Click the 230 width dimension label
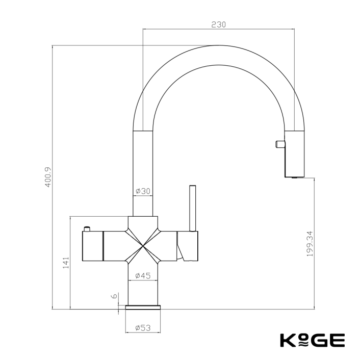[x=218, y=24]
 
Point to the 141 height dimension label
[x=65, y=263]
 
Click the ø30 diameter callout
[x=143, y=191]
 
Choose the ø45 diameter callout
[x=143, y=276]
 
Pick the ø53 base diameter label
[x=143, y=328]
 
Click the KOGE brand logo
[x=312, y=340]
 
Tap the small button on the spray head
[x=279, y=144]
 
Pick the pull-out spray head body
[x=294, y=153]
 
